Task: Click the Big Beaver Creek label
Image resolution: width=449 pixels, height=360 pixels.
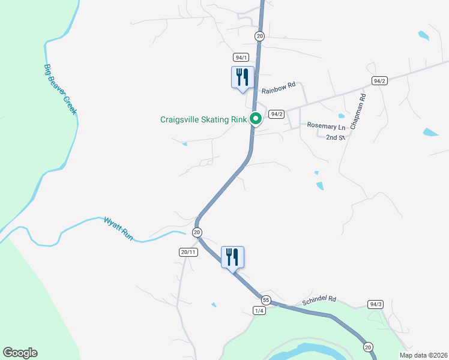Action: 61,90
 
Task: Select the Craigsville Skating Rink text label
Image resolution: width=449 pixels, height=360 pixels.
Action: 203,119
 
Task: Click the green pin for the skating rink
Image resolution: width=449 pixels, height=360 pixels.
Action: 255,118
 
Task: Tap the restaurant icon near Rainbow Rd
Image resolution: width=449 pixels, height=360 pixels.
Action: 243,77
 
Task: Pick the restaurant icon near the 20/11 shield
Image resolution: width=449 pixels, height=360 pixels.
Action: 232,257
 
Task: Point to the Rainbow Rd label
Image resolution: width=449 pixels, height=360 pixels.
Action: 279,87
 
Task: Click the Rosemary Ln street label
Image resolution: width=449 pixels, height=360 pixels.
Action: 327,127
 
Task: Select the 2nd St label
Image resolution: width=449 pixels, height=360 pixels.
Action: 336,137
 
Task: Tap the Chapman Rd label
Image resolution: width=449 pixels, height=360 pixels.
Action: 358,112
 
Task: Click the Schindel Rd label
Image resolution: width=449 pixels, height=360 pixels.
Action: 319,298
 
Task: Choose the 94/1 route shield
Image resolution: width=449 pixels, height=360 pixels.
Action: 241,57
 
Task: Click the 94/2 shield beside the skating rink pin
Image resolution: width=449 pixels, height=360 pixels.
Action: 276,114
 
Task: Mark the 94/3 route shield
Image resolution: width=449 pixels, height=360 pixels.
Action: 376,304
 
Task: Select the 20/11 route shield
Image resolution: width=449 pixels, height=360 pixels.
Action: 188,252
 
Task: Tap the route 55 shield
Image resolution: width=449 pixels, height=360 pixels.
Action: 266,299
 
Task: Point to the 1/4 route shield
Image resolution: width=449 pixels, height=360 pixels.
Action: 259,310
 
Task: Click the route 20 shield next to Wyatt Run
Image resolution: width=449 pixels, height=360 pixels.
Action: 197,232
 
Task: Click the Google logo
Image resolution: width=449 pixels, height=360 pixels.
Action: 20,353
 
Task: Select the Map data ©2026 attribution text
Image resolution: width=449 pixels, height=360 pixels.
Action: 423,355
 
